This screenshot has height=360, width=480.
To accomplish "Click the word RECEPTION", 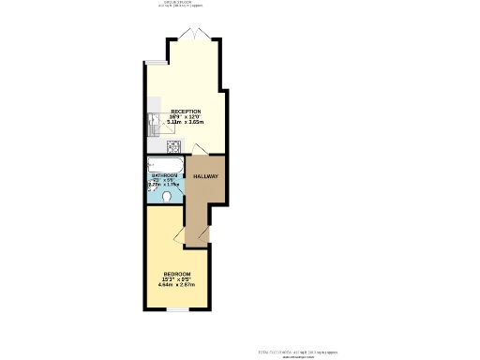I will coord(185,112).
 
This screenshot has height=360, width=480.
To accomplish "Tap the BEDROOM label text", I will coord(176,273).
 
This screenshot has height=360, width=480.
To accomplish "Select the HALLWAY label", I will coord(205,177).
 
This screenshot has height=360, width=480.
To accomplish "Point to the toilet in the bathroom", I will coord(167,197).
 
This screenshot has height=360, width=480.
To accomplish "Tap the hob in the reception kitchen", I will coord(172,146).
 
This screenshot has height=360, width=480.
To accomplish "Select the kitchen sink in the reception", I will coord(156,120).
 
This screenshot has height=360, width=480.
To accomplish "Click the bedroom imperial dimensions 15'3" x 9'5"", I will coord(176,278).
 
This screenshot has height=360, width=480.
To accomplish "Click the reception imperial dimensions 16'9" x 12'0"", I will coord(185,117).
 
